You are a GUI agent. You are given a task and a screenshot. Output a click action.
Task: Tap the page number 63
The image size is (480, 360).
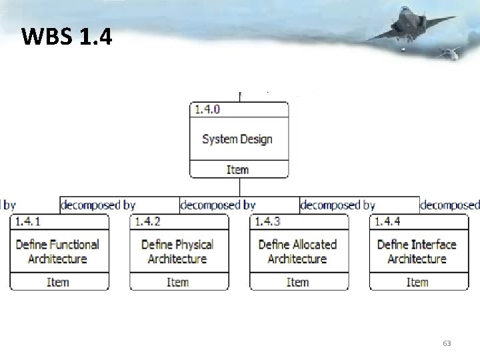[x=447, y=343]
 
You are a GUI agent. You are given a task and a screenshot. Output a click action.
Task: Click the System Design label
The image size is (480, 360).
[x=237, y=139]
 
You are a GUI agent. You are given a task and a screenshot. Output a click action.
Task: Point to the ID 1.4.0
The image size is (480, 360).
[x=207, y=109]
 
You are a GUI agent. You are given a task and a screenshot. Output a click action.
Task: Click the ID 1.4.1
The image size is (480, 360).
[x=28, y=221]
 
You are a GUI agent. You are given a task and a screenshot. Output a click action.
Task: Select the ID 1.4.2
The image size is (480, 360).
[x=148, y=221]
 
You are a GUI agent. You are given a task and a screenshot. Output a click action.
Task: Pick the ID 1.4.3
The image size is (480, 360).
[x=268, y=221]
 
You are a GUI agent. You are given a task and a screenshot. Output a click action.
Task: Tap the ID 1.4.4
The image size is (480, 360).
[x=387, y=221]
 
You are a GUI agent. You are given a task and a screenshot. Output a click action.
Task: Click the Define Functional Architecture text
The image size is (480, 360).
[x=58, y=251]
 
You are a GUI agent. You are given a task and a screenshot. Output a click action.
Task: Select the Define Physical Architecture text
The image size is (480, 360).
[x=177, y=251]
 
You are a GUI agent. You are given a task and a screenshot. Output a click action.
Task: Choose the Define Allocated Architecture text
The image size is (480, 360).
[x=297, y=251]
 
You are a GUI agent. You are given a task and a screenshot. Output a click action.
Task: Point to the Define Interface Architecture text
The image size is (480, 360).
[x=417, y=251]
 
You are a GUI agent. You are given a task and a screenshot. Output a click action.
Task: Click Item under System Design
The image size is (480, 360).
[x=237, y=170]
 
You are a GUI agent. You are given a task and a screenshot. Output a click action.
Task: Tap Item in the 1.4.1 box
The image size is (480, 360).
[x=58, y=283]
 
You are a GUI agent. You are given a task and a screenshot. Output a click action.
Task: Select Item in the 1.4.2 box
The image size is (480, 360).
[x=177, y=283]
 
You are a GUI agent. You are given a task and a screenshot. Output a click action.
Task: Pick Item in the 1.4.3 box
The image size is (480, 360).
[x=297, y=283]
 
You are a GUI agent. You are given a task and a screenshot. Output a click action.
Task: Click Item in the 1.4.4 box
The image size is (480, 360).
[x=417, y=283]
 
